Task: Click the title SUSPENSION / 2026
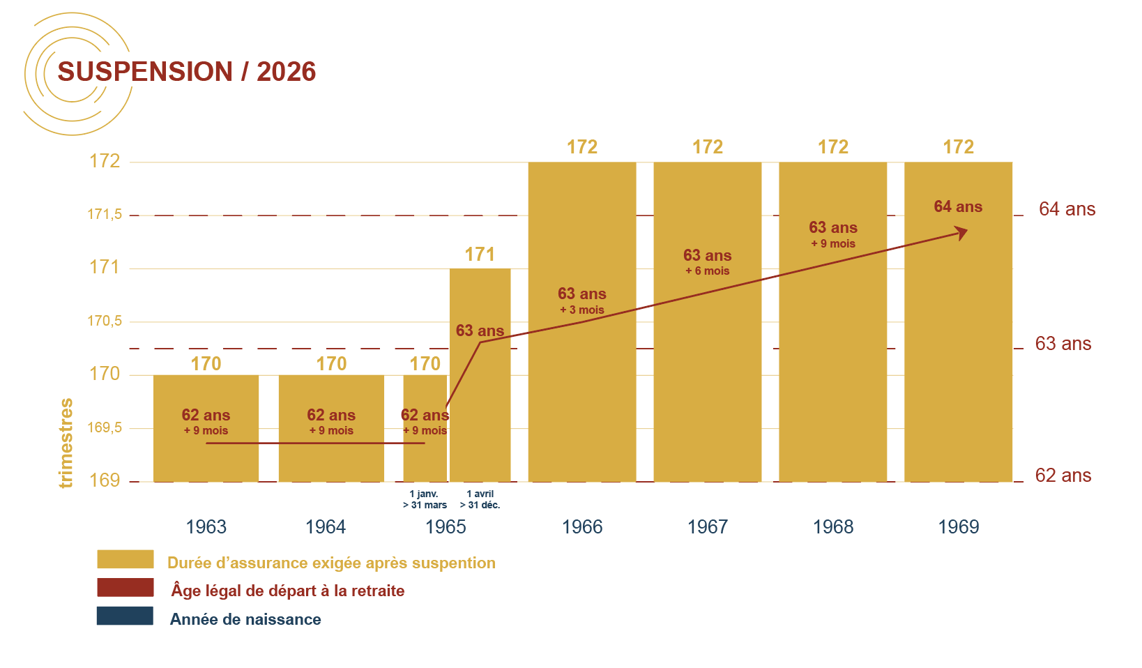point(186,72)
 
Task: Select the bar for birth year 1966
point(581,390)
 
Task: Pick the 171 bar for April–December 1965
point(480,418)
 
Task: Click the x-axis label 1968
point(832,527)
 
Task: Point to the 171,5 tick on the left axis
point(105,214)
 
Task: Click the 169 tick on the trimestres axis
point(105,480)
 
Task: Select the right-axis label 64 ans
point(1067,209)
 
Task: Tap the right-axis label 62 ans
point(1063,476)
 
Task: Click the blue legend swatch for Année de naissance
point(125,616)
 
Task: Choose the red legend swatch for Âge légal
point(125,587)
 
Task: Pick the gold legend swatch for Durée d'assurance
point(125,559)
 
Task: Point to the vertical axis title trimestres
point(66,443)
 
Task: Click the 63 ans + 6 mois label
point(707,262)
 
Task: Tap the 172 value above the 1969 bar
point(958,147)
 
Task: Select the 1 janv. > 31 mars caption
point(425,499)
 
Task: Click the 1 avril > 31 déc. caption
point(480,499)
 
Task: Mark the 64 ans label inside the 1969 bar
point(958,206)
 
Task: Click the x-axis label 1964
point(326,527)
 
